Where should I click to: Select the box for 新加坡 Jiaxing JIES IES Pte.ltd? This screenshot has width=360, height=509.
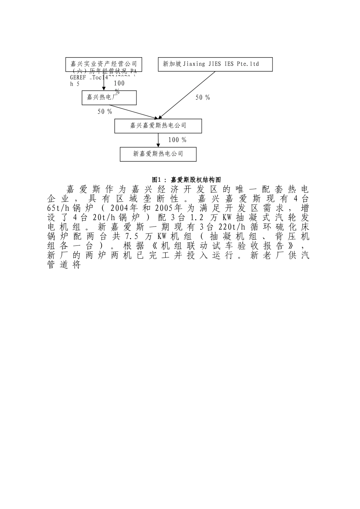click(x=215, y=64)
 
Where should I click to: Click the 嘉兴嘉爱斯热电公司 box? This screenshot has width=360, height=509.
click(x=158, y=126)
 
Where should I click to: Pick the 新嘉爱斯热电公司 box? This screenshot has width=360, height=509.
click(x=158, y=154)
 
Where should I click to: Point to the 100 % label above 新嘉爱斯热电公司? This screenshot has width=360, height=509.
click(x=177, y=140)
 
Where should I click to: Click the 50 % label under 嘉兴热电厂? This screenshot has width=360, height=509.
click(x=105, y=112)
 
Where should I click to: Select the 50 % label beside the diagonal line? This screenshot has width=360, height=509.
click(x=203, y=98)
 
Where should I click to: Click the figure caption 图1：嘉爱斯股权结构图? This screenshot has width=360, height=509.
click(x=186, y=180)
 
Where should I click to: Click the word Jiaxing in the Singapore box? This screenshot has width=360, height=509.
click(x=194, y=64)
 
